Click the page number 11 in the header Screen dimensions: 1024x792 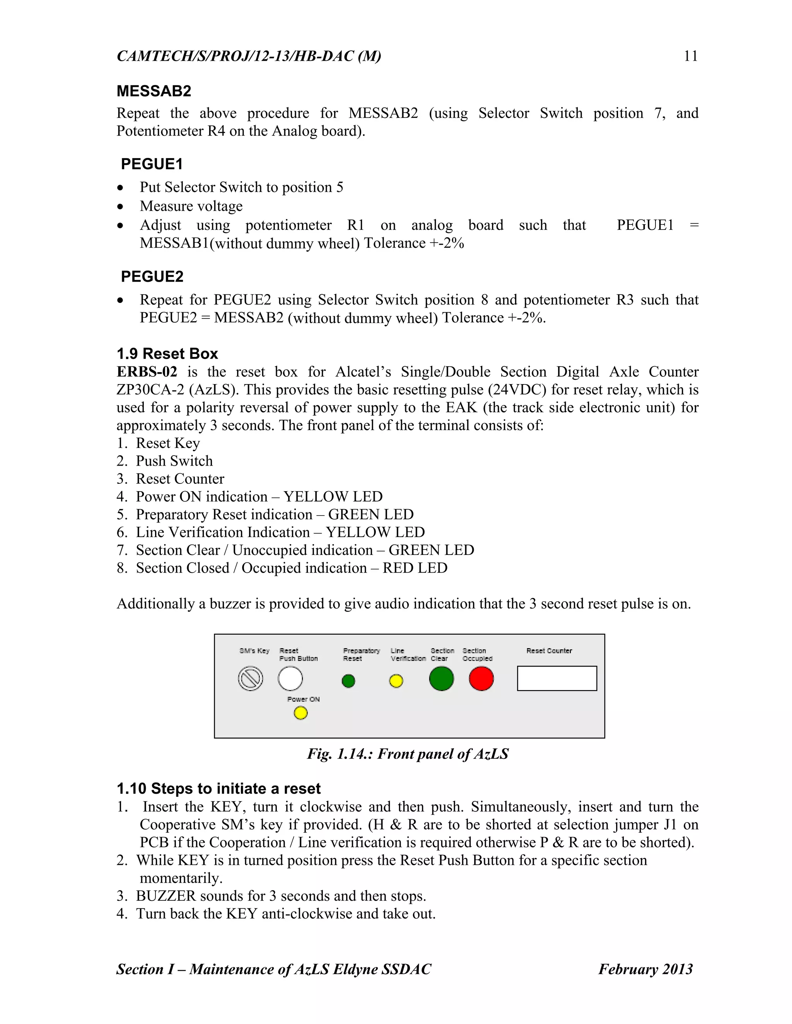[690, 56]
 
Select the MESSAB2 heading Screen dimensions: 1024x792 [154, 91]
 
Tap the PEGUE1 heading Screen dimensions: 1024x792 [152, 164]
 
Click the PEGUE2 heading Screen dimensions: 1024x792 [152, 277]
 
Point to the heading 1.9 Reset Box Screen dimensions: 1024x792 [167, 354]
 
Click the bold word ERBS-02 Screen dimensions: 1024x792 [147, 372]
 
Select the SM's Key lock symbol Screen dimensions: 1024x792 [251, 679]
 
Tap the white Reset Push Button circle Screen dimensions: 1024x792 [290, 679]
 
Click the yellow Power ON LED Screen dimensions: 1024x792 [300, 713]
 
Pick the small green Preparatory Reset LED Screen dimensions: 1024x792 [348, 681]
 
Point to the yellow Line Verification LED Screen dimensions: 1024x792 [396, 681]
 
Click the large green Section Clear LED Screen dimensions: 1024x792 [441, 679]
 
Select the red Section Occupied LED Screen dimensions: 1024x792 [481, 679]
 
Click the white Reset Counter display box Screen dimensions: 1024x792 [556, 679]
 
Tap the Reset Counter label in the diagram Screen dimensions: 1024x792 [549, 651]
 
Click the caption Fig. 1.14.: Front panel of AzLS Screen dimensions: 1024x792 [408, 754]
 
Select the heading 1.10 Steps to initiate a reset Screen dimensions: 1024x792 [218, 789]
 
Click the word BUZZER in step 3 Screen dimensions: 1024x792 [166, 896]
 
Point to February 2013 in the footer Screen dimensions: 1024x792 [645, 969]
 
